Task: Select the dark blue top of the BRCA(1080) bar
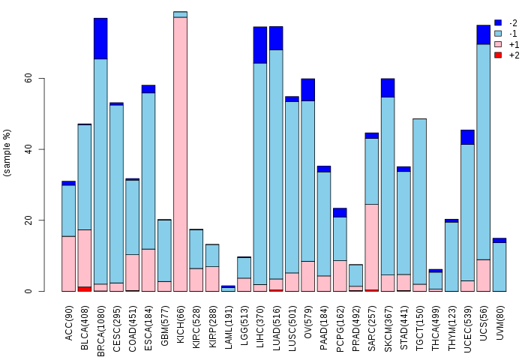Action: [x=100, y=38]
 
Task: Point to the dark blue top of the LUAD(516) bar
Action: [x=276, y=37]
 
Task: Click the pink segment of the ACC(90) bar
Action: [x=68, y=263]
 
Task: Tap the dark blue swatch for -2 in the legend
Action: [x=498, y=23]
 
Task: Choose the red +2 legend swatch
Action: [x=498, y=55]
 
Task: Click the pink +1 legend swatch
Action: [x=498, y=44]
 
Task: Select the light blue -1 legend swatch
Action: [x=498, y=34]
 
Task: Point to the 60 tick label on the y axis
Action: [x=27, y=78]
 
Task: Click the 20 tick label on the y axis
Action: [x=27, y=220]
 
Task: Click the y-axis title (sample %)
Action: [x=7, y=153]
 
